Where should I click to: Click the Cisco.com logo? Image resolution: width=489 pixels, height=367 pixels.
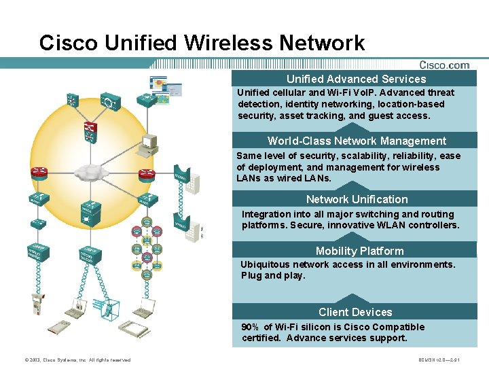coord(444,65)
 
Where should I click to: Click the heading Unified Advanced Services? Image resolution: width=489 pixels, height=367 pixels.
coord(356,79)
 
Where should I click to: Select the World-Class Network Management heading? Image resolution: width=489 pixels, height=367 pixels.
coord(357,141)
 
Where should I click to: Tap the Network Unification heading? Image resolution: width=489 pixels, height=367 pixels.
coord(357,199)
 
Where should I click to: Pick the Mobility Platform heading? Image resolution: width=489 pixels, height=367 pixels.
coord(359,251)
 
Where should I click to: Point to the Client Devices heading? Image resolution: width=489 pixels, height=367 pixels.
coord(355,312)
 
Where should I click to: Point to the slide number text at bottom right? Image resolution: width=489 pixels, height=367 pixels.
coord(439,360)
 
